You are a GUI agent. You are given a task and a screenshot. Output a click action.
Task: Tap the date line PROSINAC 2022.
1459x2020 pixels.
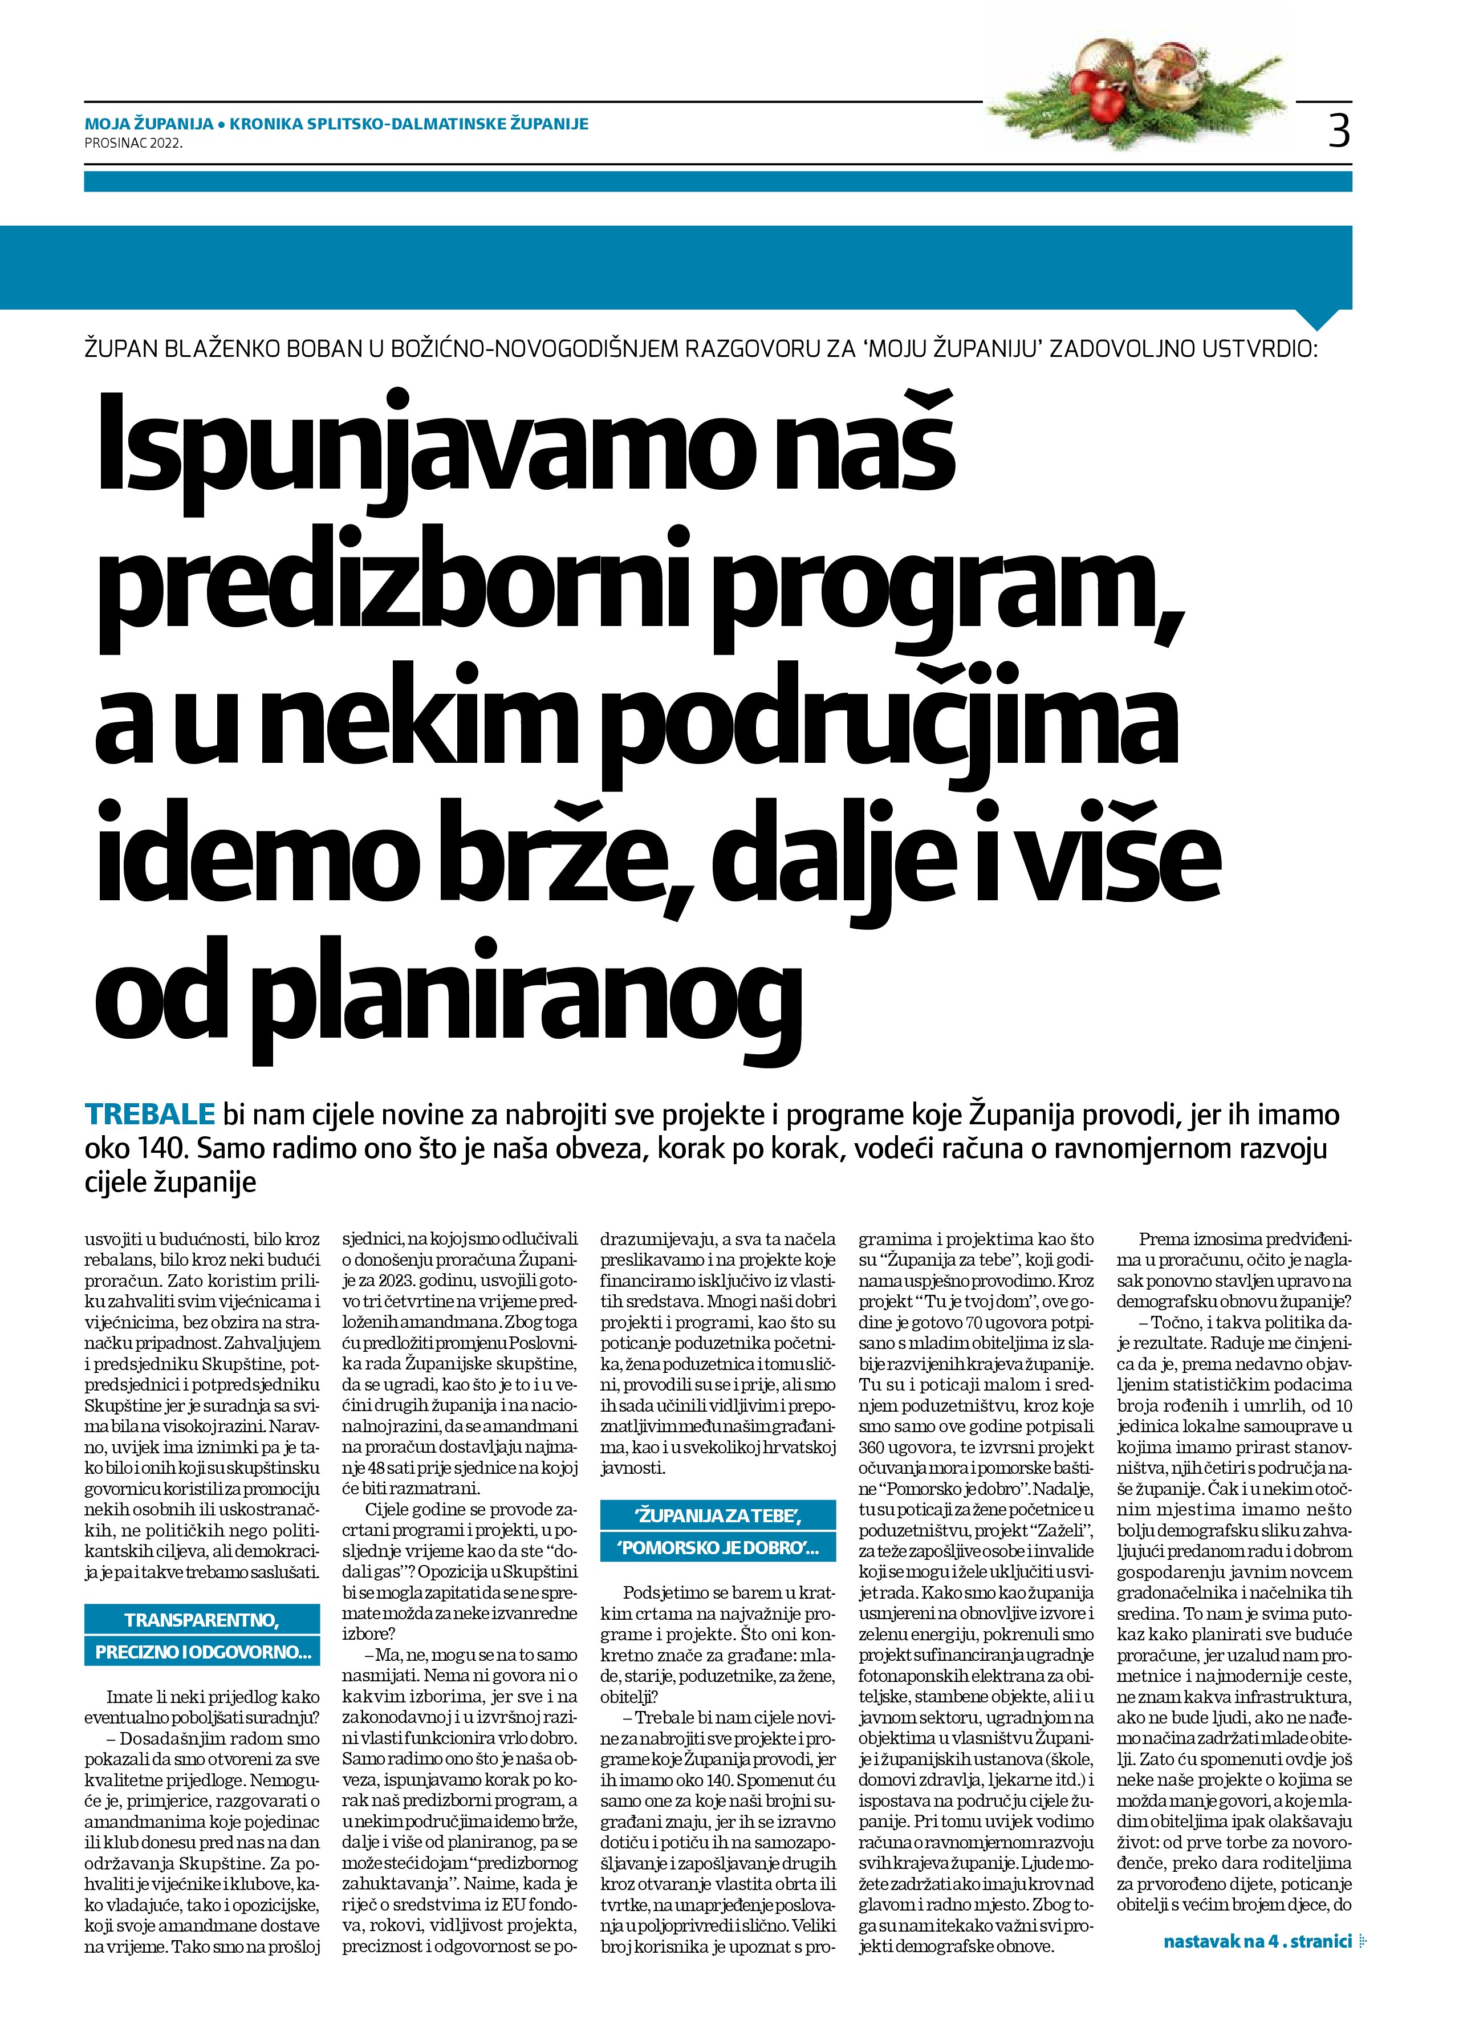[x=133, y=141]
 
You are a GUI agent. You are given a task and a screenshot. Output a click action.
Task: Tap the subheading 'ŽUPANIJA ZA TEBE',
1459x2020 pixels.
[x=718, y=1513]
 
